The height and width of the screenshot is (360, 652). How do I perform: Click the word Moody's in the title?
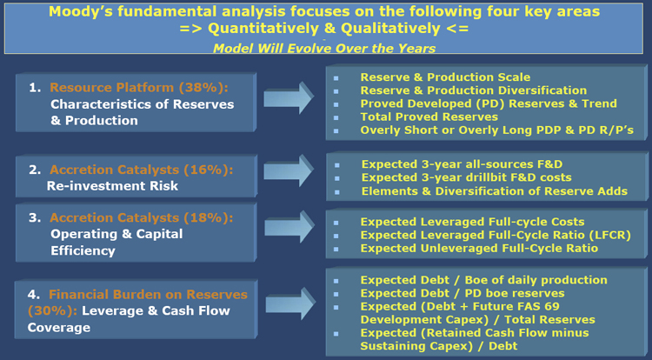pyautogui.click(x=80, y=11)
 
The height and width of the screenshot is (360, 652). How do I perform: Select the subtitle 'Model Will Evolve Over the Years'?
pyautogui.click(x=324, y=49)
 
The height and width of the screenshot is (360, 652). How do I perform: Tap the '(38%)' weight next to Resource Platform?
pyautogui.click(x=203, y=88)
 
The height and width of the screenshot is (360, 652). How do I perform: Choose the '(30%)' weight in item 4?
pyautogui.click(x=52, y=311)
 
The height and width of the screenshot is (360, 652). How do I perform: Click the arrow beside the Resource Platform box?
pyautogui.click(x=289, y=97)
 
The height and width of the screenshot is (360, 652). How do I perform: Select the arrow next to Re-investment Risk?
pyautogui.click(x=289, y=170)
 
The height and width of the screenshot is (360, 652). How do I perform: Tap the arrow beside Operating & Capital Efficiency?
pyautogui.click(x=289, y=227)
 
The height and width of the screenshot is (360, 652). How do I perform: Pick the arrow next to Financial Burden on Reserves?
pyautogui.click(x=290, y=303)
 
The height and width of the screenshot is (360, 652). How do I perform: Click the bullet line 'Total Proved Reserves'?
pyautogui.click(x=429, y=117)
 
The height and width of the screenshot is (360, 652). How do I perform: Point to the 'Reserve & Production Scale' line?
pyautogui.click(x=445, y=77)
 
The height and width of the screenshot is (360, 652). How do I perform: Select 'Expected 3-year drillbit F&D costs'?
pyautogui.click(x=467, y=177)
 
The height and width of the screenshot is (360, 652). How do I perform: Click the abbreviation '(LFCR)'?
pyautogui.click(x=610, y=236)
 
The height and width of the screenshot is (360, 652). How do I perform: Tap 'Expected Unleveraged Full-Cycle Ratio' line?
pyautogui.click(x=479, y=249)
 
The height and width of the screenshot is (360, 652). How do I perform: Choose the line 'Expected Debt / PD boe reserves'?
pyautogui.click(x=462, y=294)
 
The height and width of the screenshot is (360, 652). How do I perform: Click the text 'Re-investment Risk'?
pyautogui.click(x=112, y=186)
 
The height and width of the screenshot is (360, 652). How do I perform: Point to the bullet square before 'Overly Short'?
pyautogui.click(x=336, y=131)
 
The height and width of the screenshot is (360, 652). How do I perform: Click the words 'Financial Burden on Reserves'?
pyautogui.click(x=148, y=295)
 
